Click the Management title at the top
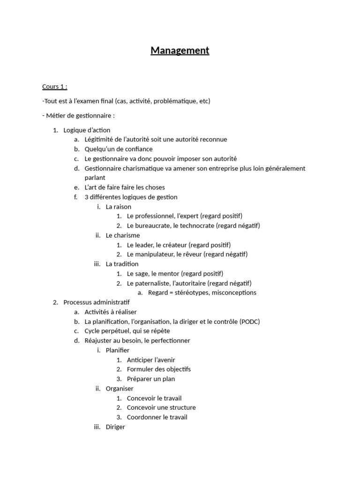(180, 51)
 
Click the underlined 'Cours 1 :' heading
(54, 87)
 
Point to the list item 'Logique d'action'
(87, 130)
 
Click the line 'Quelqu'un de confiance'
(119, 149)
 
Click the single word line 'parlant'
(95, 178)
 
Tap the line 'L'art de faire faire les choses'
(125, 187)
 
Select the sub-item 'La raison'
(119, 207)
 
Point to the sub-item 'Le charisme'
(123, 235)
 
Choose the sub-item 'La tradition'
(122, 264)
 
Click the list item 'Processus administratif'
(96, 302)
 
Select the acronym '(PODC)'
(249, 322)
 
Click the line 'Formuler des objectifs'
(159, 369)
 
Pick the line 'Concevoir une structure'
(161, 408)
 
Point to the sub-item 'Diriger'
(115, 427)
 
